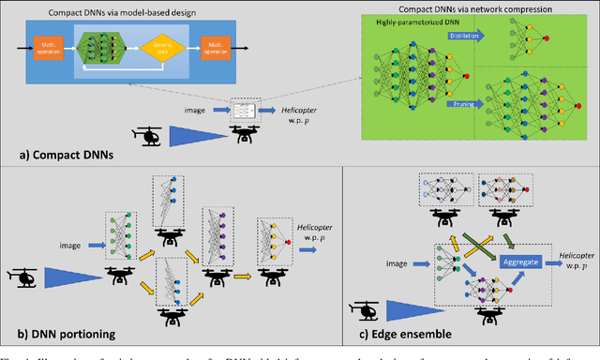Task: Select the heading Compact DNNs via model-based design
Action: tap(112, 8)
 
